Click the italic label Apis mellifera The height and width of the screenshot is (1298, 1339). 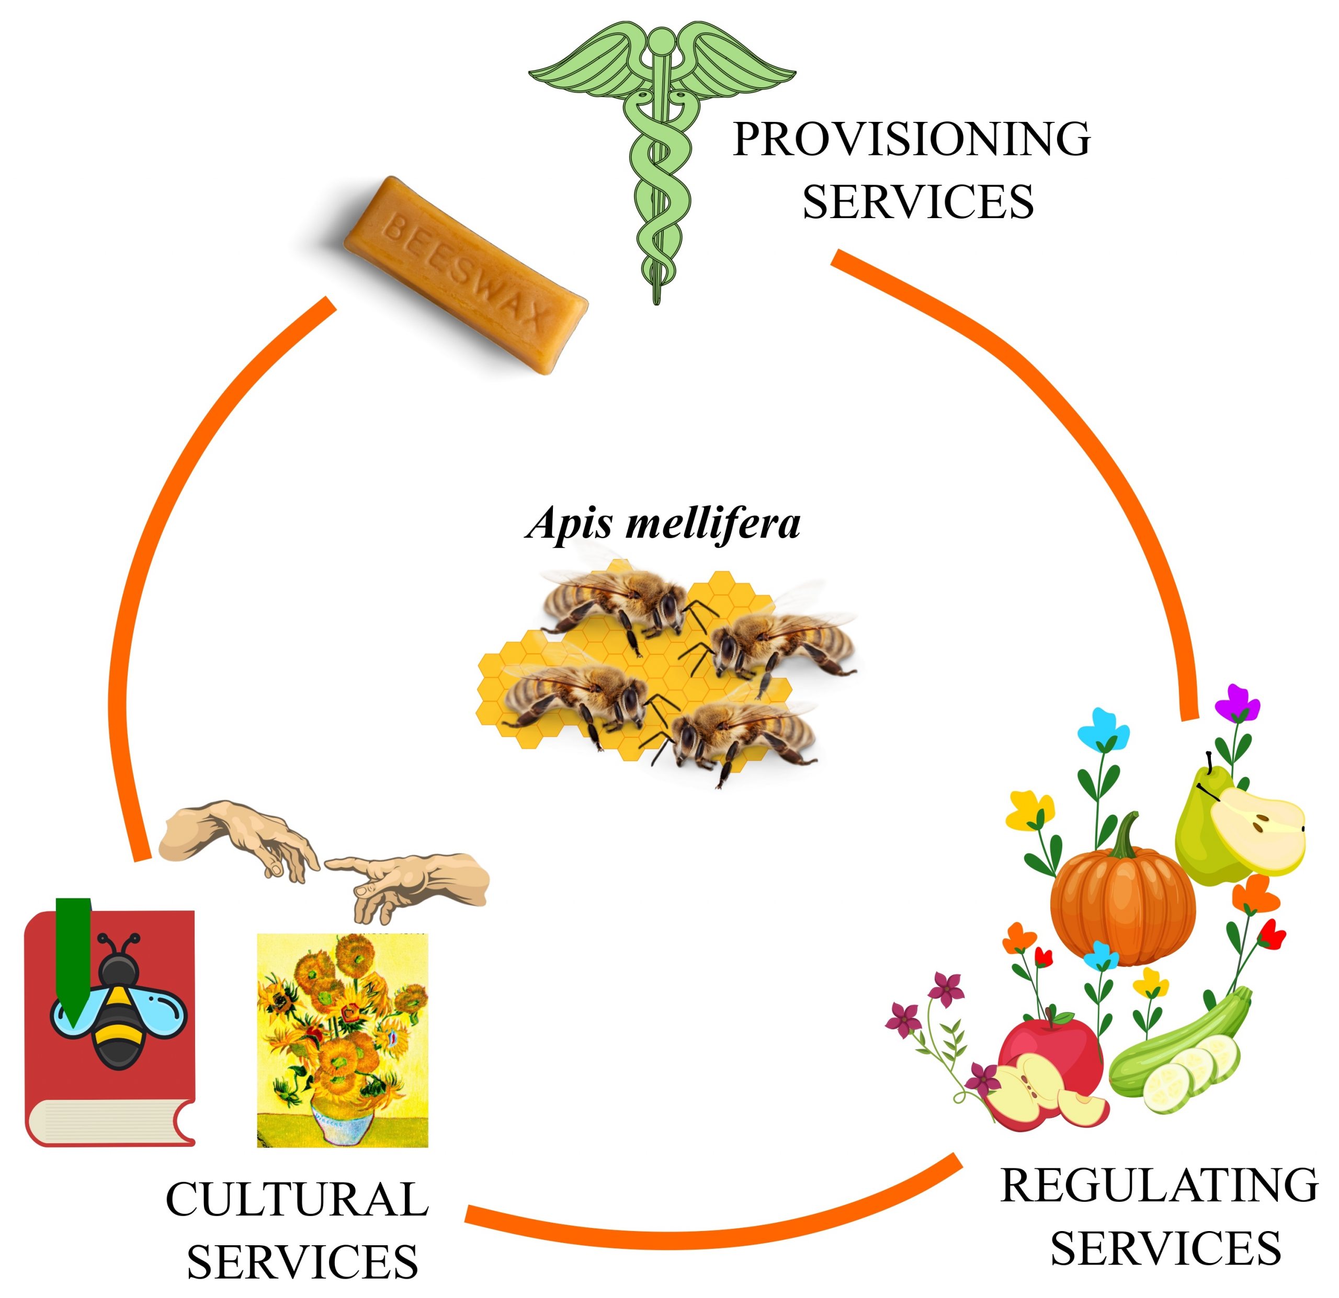point(663,524)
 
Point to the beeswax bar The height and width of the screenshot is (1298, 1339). point(464,274)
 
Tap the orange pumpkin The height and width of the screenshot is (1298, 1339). point(1122,902)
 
